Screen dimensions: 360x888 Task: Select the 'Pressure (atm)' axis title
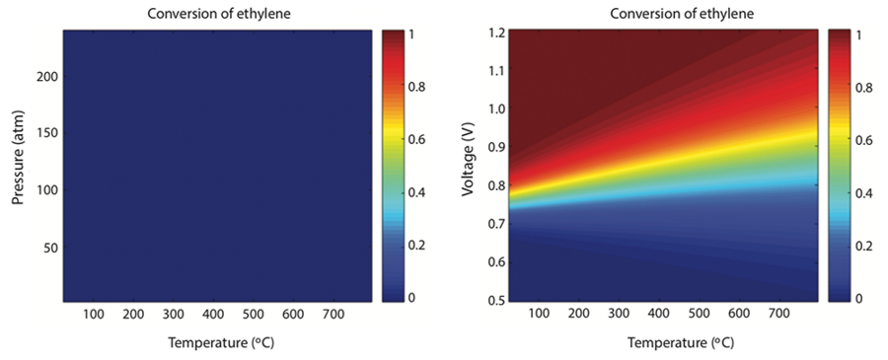point(19,165)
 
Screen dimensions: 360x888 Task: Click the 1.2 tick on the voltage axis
point(495,32)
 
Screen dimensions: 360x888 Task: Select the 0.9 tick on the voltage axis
point(495,146)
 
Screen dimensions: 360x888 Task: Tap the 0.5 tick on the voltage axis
point(495,300)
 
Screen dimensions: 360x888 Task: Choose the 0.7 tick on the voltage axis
point(495,223)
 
